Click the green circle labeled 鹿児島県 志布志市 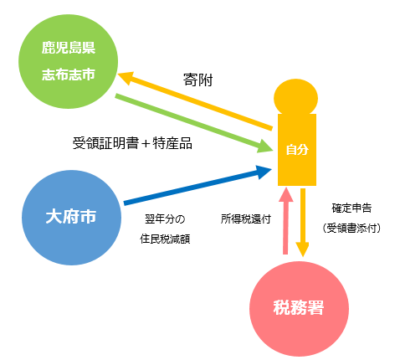tap(69, 61)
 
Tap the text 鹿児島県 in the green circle tap(69, 48)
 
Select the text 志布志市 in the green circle tap(69, 75)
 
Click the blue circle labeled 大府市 tap(71, 218)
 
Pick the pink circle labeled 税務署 tap(299, 309)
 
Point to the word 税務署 tap(299, 307)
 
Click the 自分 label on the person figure tap(297, 150)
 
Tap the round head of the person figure tap(295, 97)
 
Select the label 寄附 tap(197, 80)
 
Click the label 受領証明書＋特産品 tap(132, 143)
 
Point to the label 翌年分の tap(165, 219)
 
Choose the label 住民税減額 tap(165, 239)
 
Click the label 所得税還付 tap(246, 219)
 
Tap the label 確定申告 tap(351, 208)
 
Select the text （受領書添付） tap(351, 229)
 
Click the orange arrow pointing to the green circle tap(195, 100)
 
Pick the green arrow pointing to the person tap(194, 123)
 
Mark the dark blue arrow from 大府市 tap(197, 185)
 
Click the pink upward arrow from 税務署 tap(285, 220)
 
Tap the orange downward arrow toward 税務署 tap(302, 223)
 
